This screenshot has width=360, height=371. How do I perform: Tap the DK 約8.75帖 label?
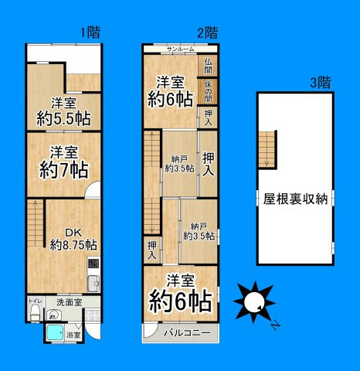pyautogui.click(x=73, y=239)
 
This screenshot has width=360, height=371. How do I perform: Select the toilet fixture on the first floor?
pyautogui.click(x=34, y=311)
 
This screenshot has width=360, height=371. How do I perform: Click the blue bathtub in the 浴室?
pyautogui.click(x=55, y=333)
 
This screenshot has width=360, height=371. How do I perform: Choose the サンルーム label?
pyautogui.click(x=180, y=49)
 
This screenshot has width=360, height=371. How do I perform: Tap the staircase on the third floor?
pyautogui.click(x=267, y=147)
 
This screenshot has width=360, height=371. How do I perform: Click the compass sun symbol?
pyautogui.click(x=252, y=301)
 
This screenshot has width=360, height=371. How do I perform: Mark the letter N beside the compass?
pyautogui.click(x=275, y=325)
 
